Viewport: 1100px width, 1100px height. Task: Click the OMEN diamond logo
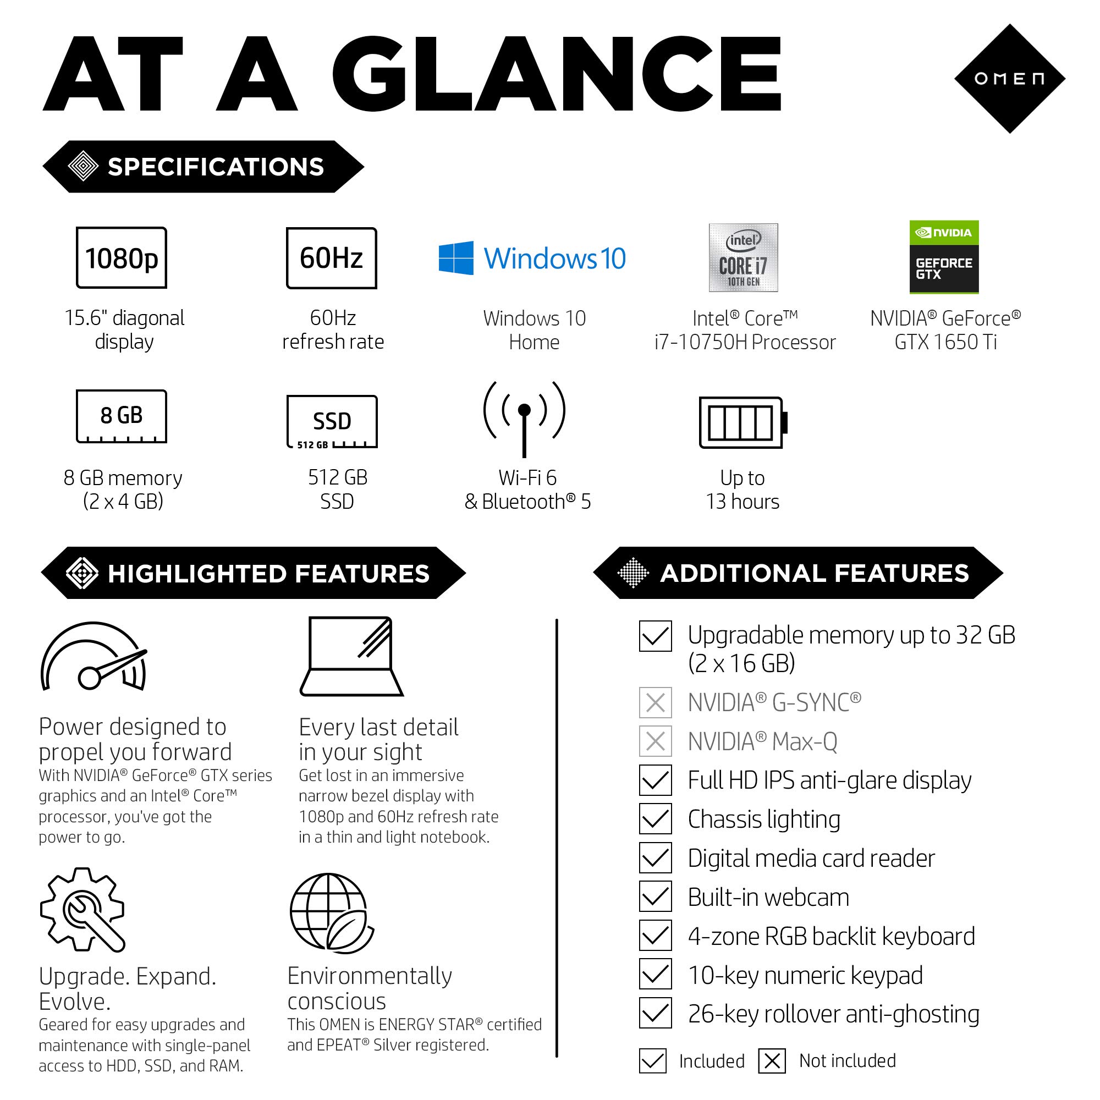1009,79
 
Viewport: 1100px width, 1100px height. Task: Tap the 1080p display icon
121,257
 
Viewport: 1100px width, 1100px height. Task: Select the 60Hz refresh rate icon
331,258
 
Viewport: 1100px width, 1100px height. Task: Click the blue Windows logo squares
456,258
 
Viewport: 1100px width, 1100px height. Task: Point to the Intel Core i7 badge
743,257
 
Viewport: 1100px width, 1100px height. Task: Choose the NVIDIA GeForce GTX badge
944,257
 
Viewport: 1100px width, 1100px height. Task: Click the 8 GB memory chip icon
121,416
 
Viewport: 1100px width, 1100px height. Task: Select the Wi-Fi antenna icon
524,419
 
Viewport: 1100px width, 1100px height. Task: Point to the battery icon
743,422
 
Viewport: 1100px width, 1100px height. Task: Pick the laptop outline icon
351,657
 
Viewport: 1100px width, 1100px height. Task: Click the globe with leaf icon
331,913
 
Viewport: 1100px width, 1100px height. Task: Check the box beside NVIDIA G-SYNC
656,702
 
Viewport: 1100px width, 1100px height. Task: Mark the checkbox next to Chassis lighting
656,819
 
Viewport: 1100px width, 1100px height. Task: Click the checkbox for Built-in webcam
656,897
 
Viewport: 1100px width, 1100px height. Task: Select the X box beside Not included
772,1061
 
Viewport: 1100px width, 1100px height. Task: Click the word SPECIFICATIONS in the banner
216,167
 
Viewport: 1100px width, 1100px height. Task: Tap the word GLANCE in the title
556,74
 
